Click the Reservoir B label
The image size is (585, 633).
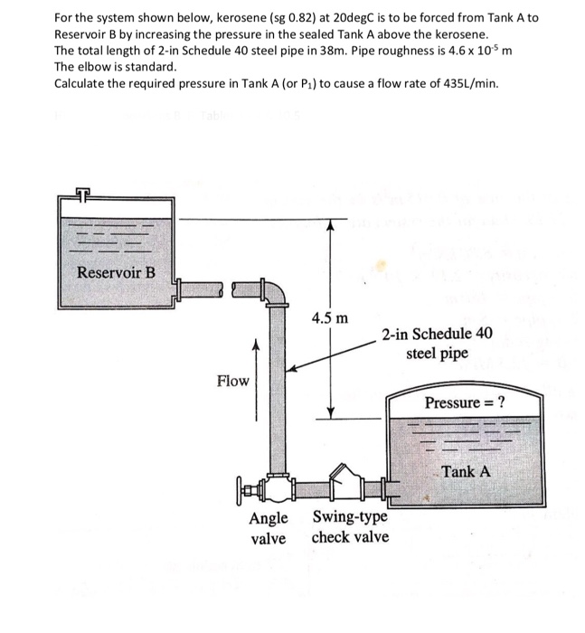[x=116, y=272]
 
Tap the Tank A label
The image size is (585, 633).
[x=467, y=471]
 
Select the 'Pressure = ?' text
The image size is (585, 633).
[x=465, y=402]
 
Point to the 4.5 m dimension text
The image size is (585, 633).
[x=327, y=318]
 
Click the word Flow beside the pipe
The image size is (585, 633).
[x=232, y=381]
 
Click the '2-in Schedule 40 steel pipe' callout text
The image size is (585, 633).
[x=437, y=343]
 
